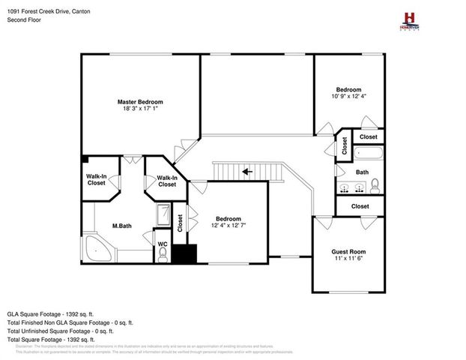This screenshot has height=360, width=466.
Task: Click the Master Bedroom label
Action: pos(139,101)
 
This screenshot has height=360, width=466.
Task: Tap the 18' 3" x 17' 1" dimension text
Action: pos(139,108)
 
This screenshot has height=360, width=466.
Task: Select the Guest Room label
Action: pos(348,251)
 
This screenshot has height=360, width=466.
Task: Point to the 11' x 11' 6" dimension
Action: pos(348,258)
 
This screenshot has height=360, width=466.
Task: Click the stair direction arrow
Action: pos(246,172)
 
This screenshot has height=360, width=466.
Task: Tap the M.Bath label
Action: pos(122,225)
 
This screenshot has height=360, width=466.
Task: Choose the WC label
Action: pos(162,244)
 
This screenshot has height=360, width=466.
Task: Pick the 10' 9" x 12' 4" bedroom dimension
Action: pos(348,96)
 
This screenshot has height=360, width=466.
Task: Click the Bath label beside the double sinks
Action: pos(362,172)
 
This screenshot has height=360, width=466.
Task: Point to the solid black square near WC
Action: pos(184,253)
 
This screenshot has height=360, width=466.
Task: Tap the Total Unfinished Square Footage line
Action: pos(60,330)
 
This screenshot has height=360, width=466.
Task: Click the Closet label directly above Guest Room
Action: pos(360,205)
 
